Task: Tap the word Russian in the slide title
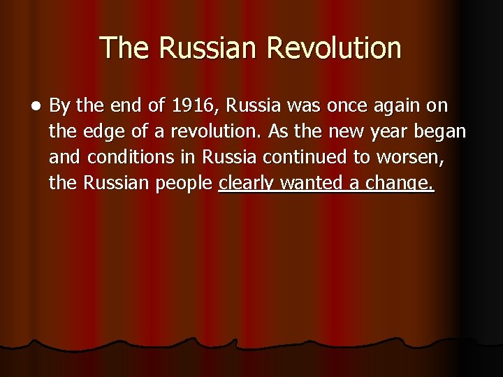click(209, 48)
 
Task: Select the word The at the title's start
click(126, 48)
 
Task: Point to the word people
click(185, 184)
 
